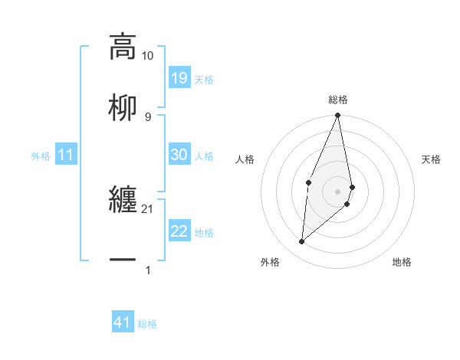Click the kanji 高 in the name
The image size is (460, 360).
[x=123, y=46]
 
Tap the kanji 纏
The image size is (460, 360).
[x=123, y=199]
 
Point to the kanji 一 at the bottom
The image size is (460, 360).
[x=123, y=260]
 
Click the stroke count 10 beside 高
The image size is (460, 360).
[x=148, y=55]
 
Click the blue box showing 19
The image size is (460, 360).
[x=179, y=78]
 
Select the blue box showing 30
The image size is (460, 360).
[x=179, y=155]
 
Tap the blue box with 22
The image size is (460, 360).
[x=179, y=231]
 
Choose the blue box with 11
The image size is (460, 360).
[x=66, y=155]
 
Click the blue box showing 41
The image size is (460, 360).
[x=123, y=322]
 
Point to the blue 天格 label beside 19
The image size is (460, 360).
[x=204, y=79]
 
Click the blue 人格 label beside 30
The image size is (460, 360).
[x=204, y=155]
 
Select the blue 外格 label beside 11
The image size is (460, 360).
[x=41, y=155]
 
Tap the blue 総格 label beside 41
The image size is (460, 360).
[x=147, y=323]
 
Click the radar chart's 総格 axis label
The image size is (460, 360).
[x=337, y=100]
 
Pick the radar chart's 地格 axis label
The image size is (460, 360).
[x=402, y=262]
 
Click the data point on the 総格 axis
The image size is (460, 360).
[x=337, y=116]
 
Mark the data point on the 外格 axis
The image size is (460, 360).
[x=302, y=241]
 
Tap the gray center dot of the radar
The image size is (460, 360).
[x=337, y=191]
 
